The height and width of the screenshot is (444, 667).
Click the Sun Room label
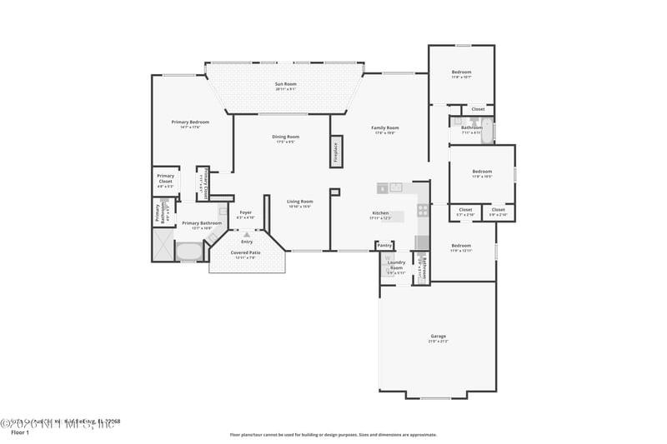(x=286, y=84)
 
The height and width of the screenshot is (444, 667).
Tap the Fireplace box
(x=337, y=151)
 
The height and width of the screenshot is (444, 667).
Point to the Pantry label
(x=384, y=246)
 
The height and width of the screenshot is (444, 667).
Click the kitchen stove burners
(x=423, y=209)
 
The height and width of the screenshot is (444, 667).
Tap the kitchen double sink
(x=395, y=187)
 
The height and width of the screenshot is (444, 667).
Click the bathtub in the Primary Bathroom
(x=190, y=250)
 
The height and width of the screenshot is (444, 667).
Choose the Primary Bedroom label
(x=190, y=122)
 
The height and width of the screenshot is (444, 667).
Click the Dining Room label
(x=286, y=137)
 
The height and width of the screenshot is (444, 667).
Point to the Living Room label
(x=300, y=202)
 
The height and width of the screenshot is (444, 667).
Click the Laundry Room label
(x=396, y=266)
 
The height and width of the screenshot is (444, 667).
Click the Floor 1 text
(x=20, y=433)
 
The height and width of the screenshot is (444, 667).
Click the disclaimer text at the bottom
(x=333, y=434)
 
